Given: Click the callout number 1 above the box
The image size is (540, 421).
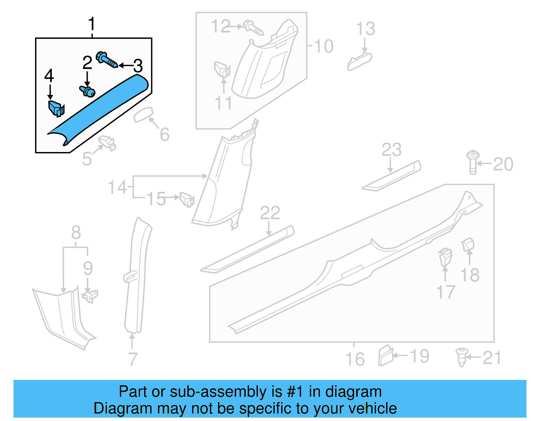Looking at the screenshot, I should pyautogui.click(x=91, y=24).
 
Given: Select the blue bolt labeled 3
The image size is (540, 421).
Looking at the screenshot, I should pyautogui.click(x=106, y=60).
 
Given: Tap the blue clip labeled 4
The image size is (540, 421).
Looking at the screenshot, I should pyautogui.click(x=56, y=108).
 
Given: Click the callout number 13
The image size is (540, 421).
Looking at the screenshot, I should pyautogui.click(x=366, y=29).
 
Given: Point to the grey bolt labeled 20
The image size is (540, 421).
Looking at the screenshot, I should pyautogui.click(x=473, y=162).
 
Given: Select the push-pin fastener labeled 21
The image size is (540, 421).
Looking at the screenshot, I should pyautogui.click(x=461, y=357).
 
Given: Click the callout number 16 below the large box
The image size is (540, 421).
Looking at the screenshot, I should pyautogui.click(x=355, y=359).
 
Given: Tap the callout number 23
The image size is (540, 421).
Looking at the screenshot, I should pyautogui.click(x=391, y=150).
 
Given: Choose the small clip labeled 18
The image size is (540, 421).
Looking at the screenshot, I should pyautogui.click(x=468, y=245).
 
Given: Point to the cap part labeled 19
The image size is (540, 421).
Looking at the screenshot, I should pyautogui.click(x=386, y=355).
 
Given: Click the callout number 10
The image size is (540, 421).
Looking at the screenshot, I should pyautogui.click(x=323, y=46).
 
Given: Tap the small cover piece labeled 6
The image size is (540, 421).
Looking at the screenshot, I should pyautogui.click(x=143, y=115).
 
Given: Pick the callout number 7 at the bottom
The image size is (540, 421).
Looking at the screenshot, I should pyautogui.click(x=133, y=359).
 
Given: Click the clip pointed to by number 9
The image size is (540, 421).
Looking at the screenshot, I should pyautogui.click(x=90, y=296).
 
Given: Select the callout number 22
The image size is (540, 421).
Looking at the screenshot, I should pyautogui.click(x=270, y=213).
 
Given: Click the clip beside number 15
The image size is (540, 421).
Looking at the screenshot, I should pyautogui.click(x=187, y=199).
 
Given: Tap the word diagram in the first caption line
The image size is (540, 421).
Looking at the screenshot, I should pyautogui.click(x=353, y=392).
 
